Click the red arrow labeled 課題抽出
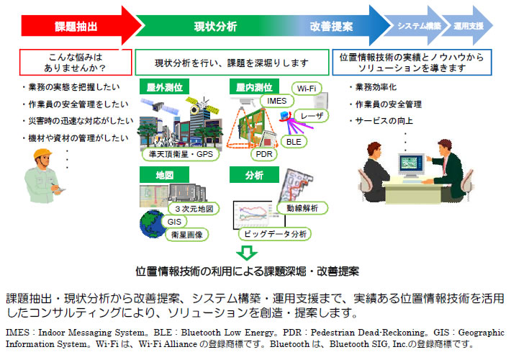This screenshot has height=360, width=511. coord(76,26)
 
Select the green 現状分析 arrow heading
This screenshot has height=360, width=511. coord(215,26)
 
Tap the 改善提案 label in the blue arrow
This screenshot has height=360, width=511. coord(331,26)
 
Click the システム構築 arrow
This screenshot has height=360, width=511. coord(419,26)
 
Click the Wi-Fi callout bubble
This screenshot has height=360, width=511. coord(307,89)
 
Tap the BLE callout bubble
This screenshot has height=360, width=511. coord(293,142)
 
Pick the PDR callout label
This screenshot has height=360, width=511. coord(261,153)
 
